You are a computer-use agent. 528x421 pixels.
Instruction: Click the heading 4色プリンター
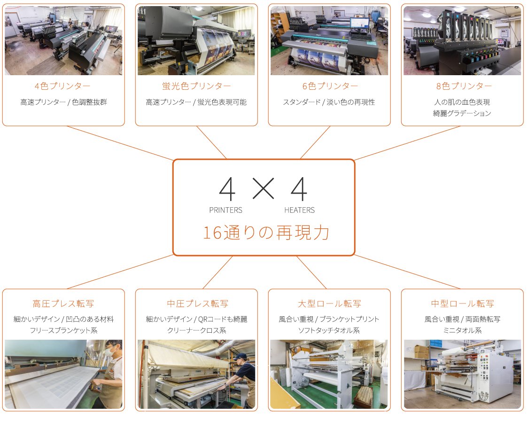(x=62, y=86)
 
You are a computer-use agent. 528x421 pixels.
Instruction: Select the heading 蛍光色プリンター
(x=196, y=86)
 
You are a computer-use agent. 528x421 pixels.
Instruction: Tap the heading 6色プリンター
(x=330, y=86)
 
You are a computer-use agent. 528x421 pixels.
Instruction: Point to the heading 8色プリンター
(x=464, y=86)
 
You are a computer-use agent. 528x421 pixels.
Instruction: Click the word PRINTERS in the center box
(x=225, y=210)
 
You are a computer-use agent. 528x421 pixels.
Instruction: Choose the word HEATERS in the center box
(x=299, y=210)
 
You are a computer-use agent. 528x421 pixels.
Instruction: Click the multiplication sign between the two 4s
(x=264, y=188)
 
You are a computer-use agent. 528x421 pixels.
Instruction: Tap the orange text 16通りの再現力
(x=266, y=233)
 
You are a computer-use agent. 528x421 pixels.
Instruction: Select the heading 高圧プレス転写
(x=63, y=304)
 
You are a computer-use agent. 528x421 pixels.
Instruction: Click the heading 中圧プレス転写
(x=198, y=304)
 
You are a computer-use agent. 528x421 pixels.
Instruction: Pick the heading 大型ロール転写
(x=329, y=304)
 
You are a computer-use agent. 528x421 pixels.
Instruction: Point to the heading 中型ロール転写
(x=463, y=304)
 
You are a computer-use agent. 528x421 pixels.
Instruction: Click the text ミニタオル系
(x=462, y=330)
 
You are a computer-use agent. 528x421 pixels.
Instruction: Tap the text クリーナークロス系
(x=197, y=330)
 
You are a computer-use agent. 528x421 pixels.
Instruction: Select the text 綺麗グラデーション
(x=462, y=114)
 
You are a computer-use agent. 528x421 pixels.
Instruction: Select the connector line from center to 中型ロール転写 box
(x=407, y=272)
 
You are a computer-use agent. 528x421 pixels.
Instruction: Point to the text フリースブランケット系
(x=63, y=330)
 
